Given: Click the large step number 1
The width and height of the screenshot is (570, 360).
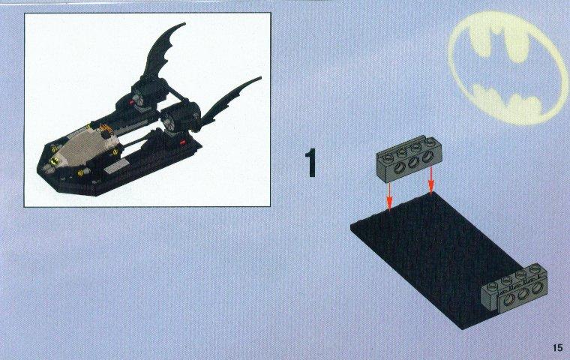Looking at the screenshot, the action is tap(310, 163).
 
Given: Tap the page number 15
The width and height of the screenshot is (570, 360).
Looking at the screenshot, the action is tap(557, 348).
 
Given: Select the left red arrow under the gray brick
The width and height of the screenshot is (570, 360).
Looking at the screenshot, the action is tap(389, 196).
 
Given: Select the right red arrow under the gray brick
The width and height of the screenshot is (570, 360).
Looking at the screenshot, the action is tap(430, 180).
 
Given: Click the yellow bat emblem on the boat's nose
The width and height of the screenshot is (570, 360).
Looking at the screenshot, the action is tap(53, 160).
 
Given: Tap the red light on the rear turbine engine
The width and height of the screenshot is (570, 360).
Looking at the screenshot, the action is tap(131, 102).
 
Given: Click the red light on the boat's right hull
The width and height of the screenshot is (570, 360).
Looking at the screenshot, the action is tap(183, 143).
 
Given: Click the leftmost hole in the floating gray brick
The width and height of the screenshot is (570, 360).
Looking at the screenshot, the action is tap(400, 166).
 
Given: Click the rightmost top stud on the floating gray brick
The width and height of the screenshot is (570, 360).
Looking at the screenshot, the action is tap(430, 141).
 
